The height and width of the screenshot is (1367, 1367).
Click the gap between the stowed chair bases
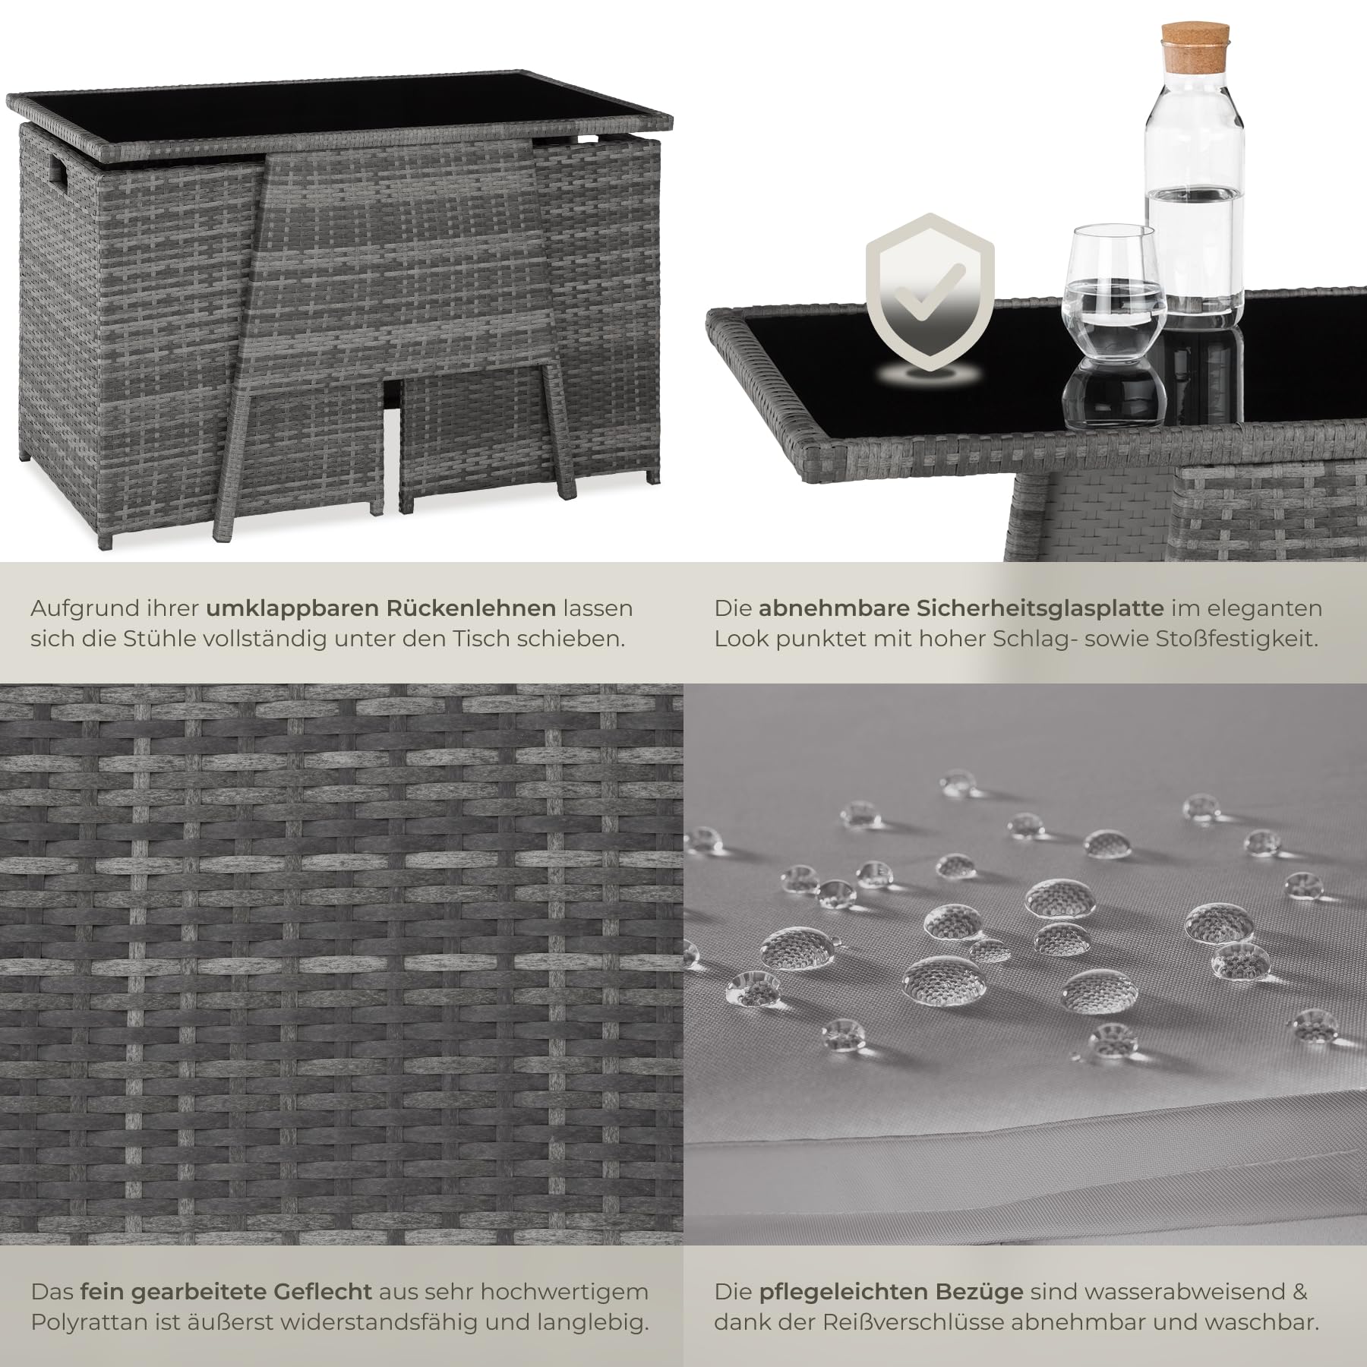392,463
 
